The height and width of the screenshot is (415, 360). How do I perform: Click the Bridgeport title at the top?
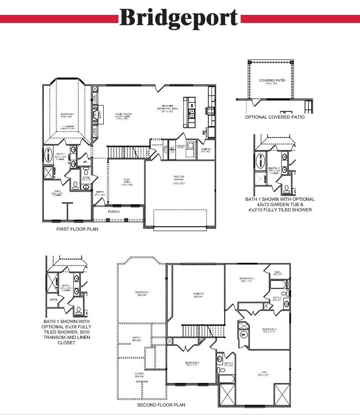[179, 18]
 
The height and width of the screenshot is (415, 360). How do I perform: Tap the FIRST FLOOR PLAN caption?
[77, 229]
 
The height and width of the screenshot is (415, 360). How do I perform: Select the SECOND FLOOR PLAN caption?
[161, 405]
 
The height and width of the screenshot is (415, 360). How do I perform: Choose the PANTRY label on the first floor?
[207, 150]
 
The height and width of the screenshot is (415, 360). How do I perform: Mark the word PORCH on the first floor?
[114, 211]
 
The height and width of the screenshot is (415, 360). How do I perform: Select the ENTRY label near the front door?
[100, 193]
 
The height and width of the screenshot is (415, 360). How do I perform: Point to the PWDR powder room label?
[87, 178]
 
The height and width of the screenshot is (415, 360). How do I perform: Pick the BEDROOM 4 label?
[192, 363]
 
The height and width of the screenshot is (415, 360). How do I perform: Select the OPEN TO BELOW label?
[198, 295]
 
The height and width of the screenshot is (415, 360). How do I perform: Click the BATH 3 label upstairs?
[229, 364]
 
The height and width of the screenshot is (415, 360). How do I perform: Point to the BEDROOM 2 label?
[246, 279]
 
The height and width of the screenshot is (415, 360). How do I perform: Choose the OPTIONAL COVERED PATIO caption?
[274, 117]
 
